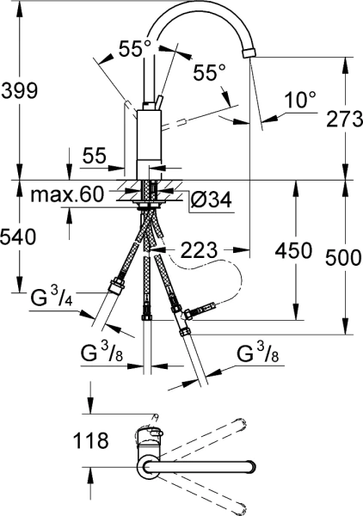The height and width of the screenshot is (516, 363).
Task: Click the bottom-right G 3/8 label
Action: tap(257, 353)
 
